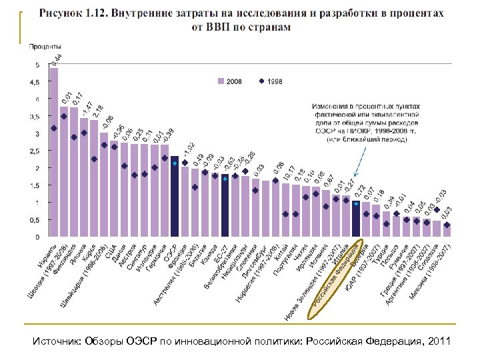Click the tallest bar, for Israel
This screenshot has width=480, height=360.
[x=53, y=153]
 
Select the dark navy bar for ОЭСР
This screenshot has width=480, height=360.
[x=175, y=197]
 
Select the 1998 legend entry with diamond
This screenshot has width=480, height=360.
[x=270, y=82]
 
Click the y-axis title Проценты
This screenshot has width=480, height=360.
[x=45, y=47]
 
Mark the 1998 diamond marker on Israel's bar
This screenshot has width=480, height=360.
[x=53, y=128]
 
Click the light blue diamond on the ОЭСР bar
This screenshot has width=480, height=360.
[x=175, y=163]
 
